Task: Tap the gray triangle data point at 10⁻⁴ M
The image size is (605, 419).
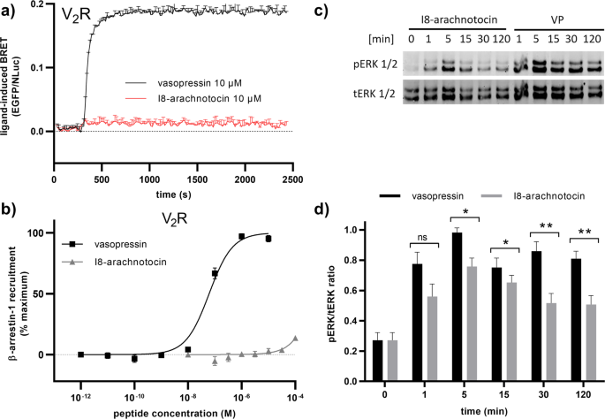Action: (296, 339)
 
